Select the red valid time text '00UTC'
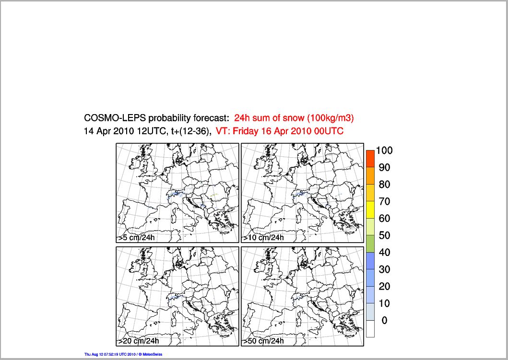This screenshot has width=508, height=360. (x=329, y=131)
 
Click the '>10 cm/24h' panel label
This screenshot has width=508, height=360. (x=263, y=237)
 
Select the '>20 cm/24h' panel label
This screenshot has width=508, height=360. (x=139, y=341)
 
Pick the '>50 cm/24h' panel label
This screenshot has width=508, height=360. (x=263, y=341)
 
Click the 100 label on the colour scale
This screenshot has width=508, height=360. (x=384, y=151)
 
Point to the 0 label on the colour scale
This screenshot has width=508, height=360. (x=384, y=320)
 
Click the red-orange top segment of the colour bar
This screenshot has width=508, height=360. (x=370, y=158)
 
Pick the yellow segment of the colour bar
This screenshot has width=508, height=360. (x=370, y=209)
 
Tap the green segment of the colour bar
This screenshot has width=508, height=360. (x=370, y=244)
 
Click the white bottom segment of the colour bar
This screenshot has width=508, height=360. (x=370, y=328)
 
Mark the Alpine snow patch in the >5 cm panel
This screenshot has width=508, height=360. (x=174, y=194)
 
